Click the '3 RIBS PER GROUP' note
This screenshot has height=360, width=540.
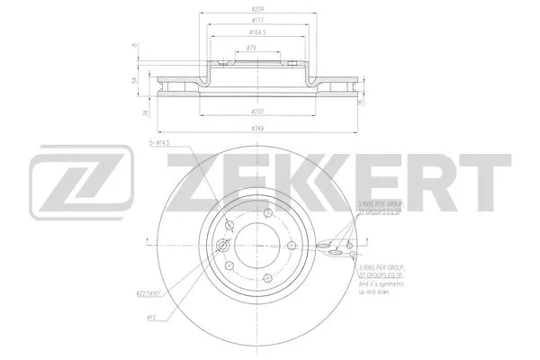coord(379,205)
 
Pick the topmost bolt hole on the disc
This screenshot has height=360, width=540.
coord(268,212)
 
